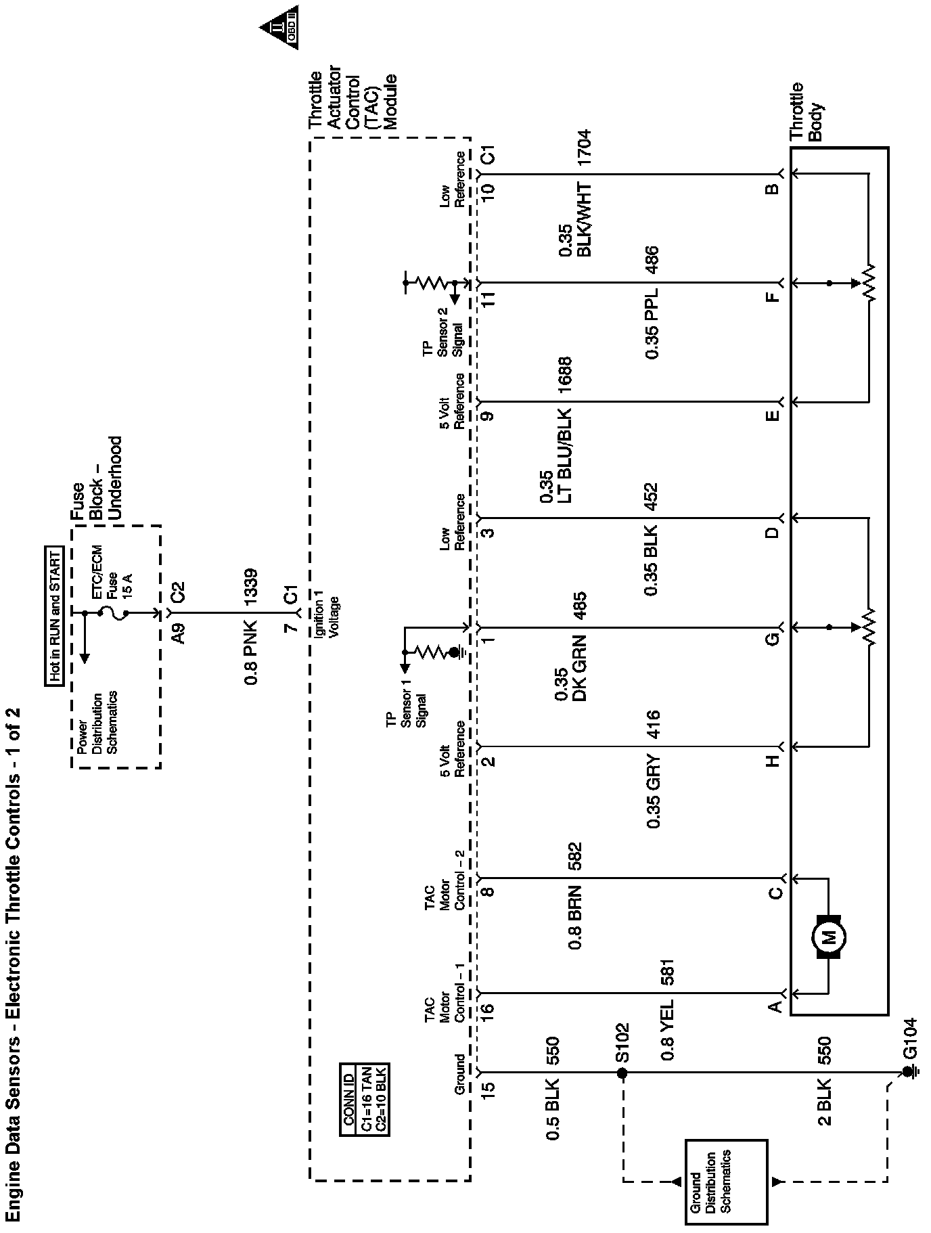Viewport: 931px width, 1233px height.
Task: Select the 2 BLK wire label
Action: pyautogui.click(x=824, y=1103)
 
